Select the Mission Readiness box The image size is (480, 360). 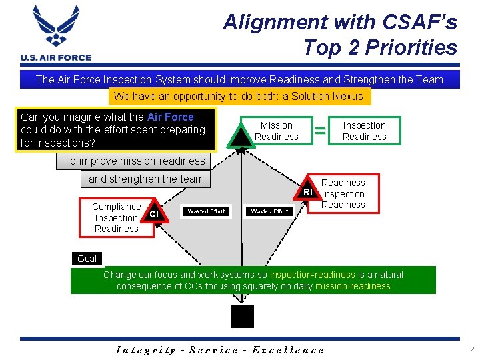[276, 131]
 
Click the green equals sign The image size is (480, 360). [320, 131]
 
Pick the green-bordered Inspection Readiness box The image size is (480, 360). [364, 131]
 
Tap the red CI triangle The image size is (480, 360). [155, 213]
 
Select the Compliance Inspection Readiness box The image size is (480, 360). [116, 217]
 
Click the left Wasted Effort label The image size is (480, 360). [206, 211]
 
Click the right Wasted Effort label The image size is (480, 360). [269, 211]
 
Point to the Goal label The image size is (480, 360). [87, 259]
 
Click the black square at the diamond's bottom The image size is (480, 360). [242, 316]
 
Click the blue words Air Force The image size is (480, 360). [170, 117]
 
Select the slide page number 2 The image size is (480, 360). [471, 349]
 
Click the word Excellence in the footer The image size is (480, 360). [290, 349]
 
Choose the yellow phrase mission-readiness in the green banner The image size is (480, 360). [353, 286]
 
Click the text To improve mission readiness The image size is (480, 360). [134, 161]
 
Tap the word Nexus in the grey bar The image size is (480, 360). [349, 96]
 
